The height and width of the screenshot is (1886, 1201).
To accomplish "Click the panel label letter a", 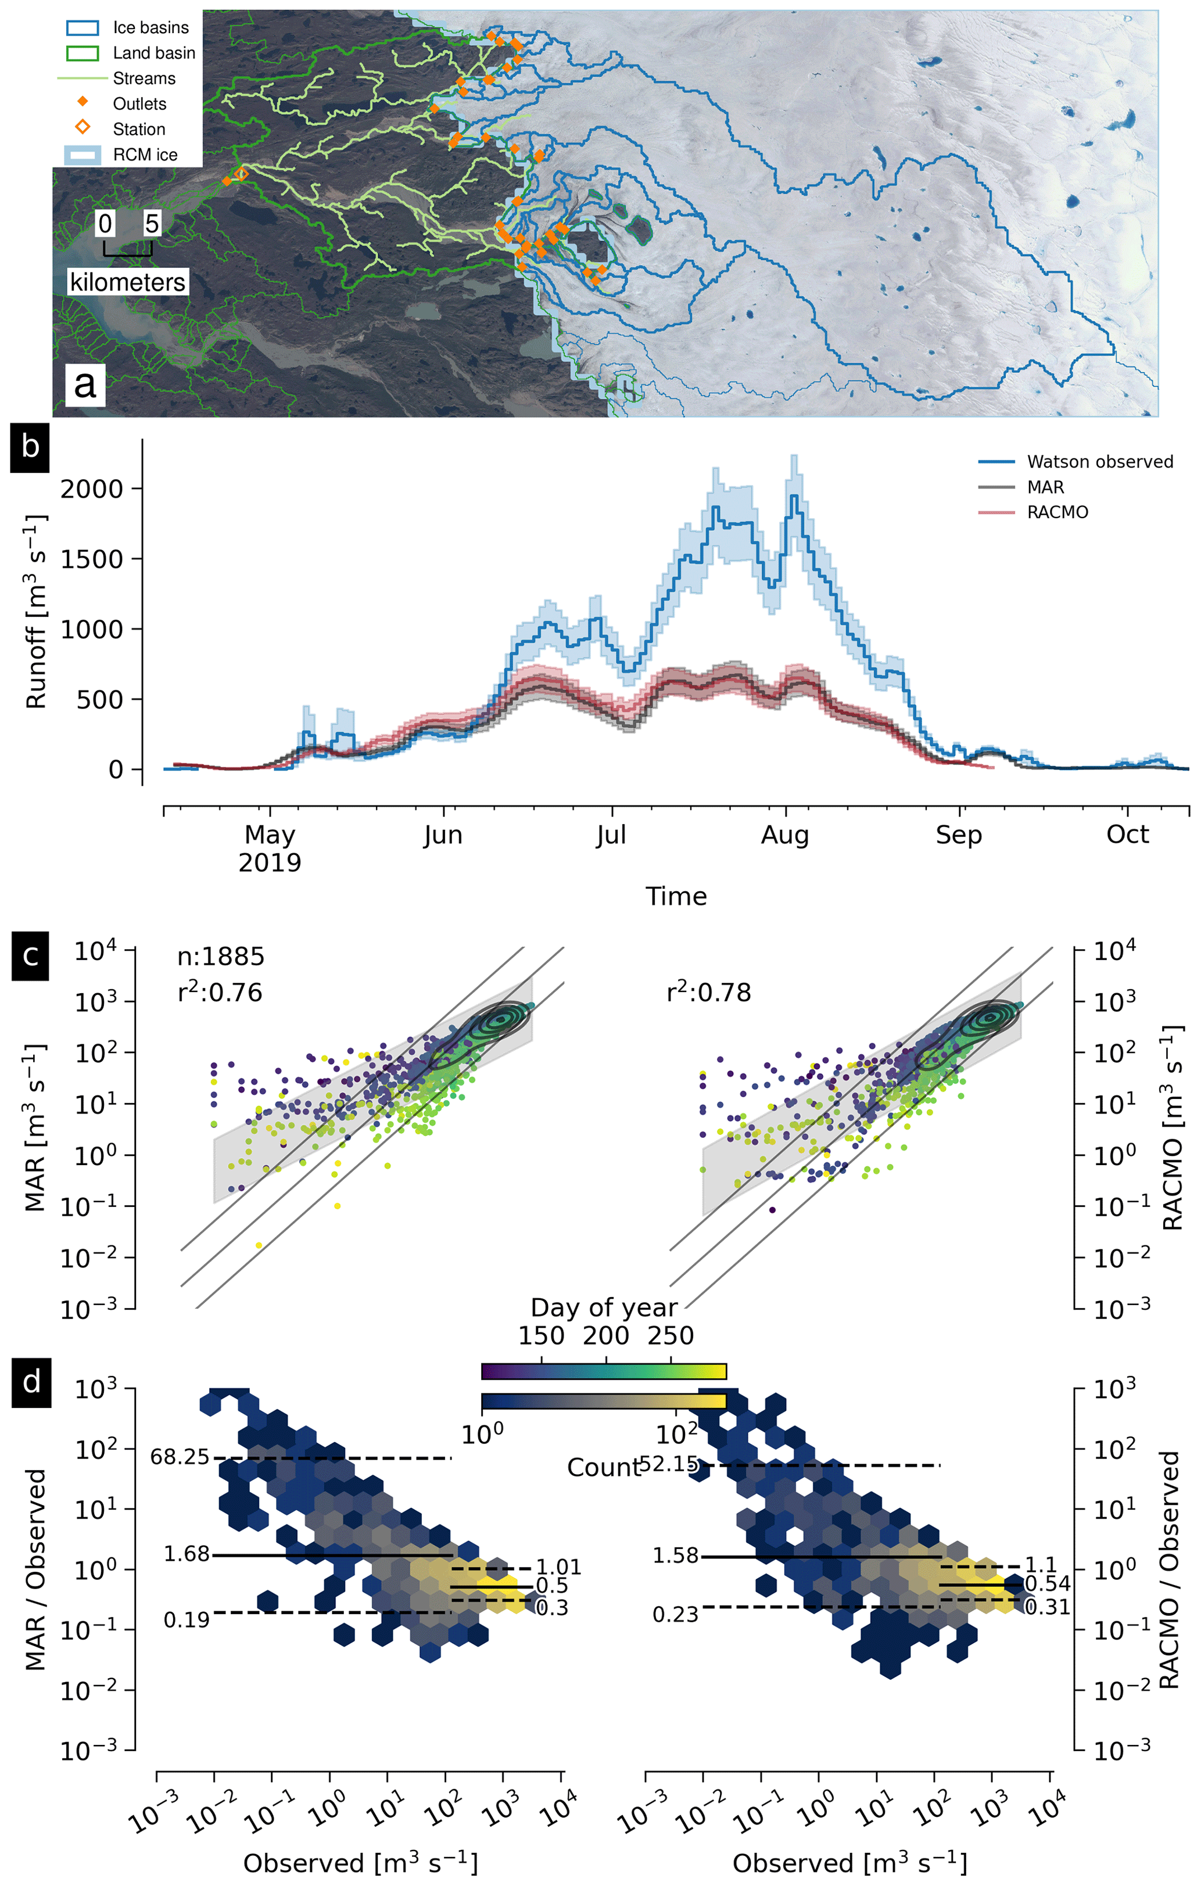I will click(x=85, y=385).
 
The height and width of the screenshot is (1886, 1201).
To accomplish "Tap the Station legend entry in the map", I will click(x=139, y=129).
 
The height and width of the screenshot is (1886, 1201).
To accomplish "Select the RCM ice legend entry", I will click(x=145, y=155).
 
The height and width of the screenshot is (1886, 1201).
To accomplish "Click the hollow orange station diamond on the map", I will click(x=241, y=174).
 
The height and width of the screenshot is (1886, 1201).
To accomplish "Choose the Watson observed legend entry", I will click(x=1099, y=462).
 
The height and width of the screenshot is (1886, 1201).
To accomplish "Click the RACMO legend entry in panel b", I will click(x=1057, y=512).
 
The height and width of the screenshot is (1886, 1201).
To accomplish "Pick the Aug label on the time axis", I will click(x=784, y=836).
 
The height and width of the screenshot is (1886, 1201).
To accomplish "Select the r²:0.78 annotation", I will click(x=708, y=993).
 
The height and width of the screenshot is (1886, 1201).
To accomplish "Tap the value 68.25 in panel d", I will click(x=180, y=1457).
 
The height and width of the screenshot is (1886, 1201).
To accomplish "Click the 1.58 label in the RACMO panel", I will click(x=675, y=1555).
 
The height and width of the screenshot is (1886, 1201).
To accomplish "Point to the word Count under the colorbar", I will click(x=603, y=1467).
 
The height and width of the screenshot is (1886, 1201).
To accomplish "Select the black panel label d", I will click(x=31, y=1381).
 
